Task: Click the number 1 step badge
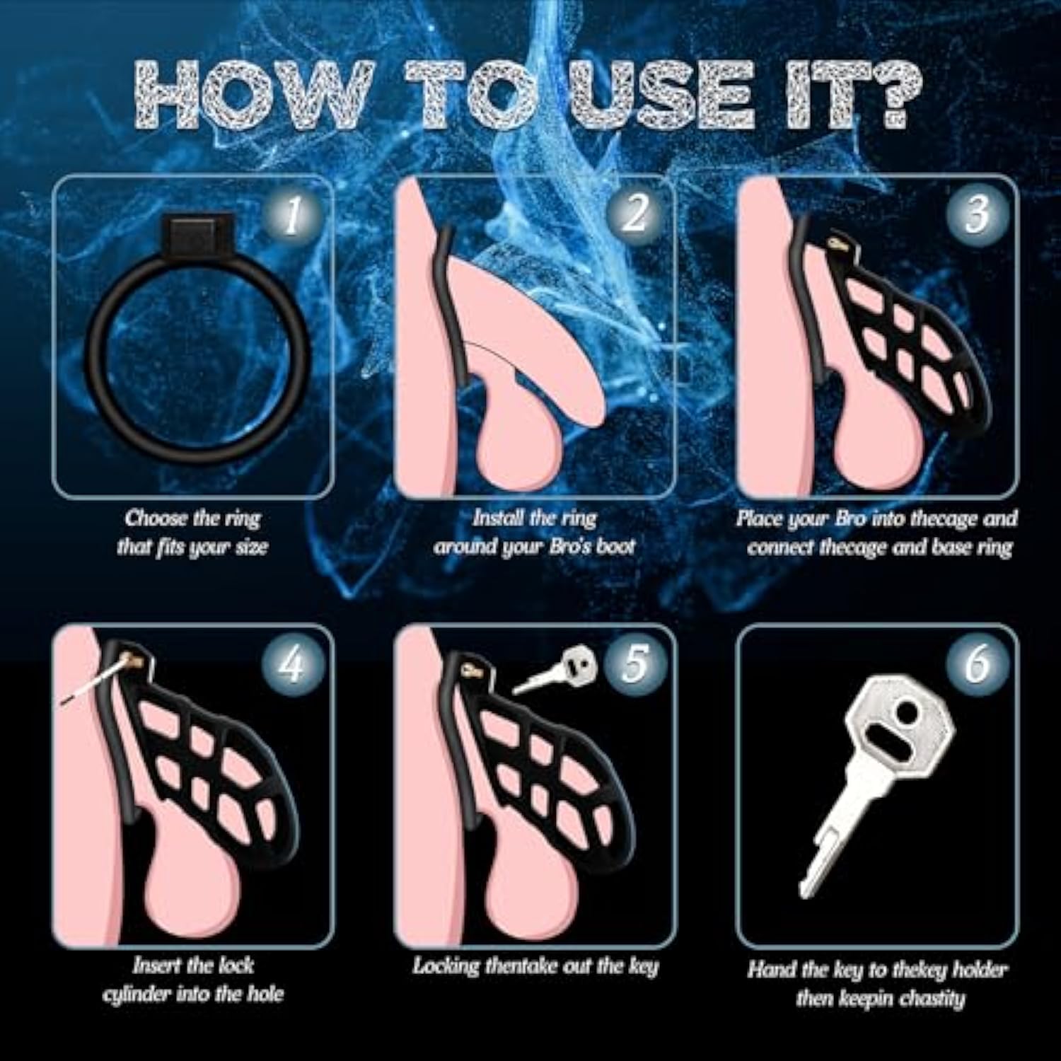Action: [x=292, y=216]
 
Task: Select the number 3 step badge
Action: [x=977, y=214]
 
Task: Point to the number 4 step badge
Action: [x=292, y=665]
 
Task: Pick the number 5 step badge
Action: [x=634, y=664]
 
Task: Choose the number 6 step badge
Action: [x=977, y=664]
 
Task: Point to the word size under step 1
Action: [x=251, y=547]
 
